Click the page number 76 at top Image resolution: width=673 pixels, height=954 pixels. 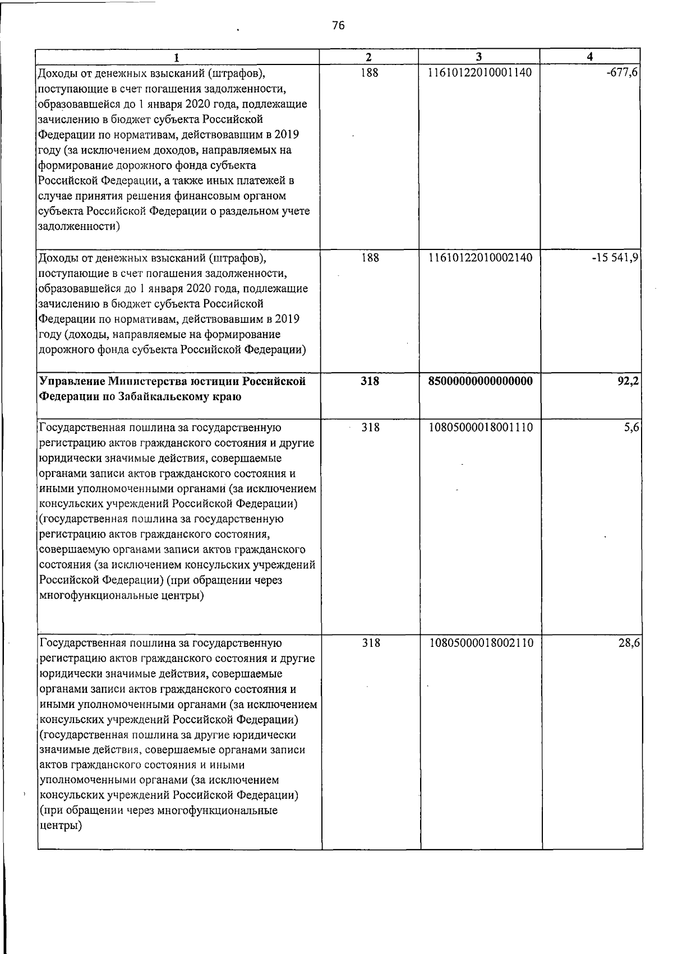click(338, 26)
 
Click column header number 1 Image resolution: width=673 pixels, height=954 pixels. click(177, 57)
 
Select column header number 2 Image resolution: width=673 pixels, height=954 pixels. click(368, 57)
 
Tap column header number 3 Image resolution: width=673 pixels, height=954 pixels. click(478, 57)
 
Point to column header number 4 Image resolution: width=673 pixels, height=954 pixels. click(589, 57)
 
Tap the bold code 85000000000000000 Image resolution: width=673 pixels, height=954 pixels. click(480, 382)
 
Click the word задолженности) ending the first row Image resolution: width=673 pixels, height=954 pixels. click(78, 227)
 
